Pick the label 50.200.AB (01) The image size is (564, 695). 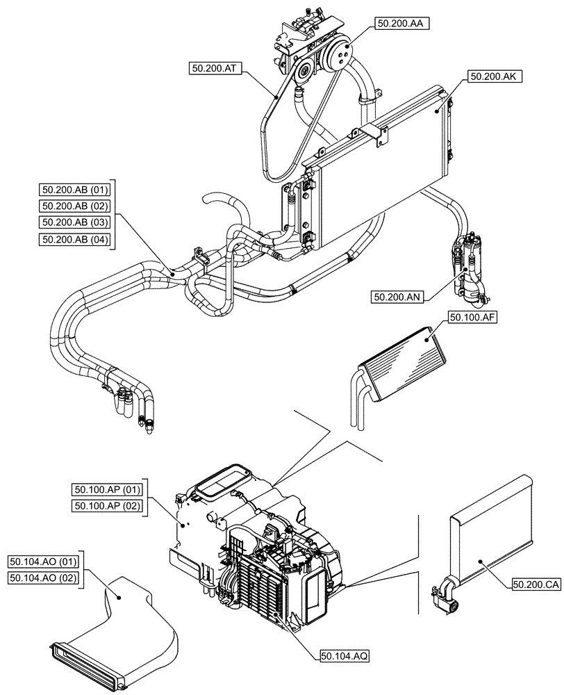click(x=76, y=189)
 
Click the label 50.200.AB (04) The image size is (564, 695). click(x=76, y=240)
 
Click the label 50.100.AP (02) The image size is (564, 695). click(x=107, y=506)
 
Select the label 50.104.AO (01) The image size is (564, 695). click(x=44, y=561)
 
